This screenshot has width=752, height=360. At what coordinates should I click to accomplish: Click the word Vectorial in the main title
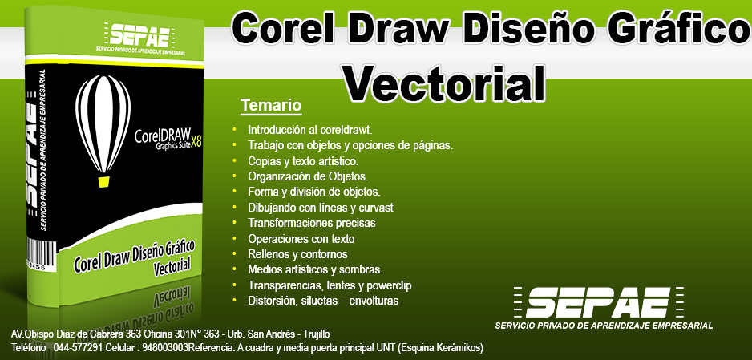click(x=445, y=83)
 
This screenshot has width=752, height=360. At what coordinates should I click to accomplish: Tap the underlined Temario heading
click(x=271, y=105)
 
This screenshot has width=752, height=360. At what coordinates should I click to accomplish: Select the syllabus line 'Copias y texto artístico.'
click(x=303, y=161)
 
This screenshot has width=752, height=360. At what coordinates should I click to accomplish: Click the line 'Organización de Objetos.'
click(x=308, y=176)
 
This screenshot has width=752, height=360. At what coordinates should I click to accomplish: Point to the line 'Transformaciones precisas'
click(x=312, y=223)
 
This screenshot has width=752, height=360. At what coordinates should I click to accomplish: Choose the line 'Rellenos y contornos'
click(x=297, y=254)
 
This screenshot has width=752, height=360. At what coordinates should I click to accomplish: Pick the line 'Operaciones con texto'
click(x=301, y=238)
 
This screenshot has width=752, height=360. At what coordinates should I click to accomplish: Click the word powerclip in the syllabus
click(x=389, y=285)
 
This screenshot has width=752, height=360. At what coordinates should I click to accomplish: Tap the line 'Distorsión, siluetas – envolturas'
click(x=323, y=301)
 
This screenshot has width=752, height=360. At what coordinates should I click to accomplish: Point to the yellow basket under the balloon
click(x=103, y=182)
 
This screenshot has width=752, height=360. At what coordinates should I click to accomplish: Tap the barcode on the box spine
click(x=41, y=253)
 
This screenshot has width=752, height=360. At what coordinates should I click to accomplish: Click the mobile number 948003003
click(x=165, y=346)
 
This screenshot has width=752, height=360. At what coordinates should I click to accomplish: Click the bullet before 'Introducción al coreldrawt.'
click(x=235, y=129)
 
